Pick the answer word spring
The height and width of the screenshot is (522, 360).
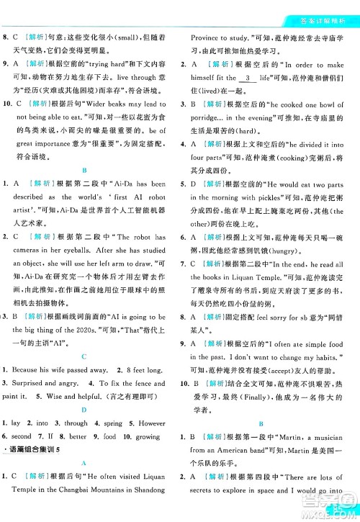[108, 423]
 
